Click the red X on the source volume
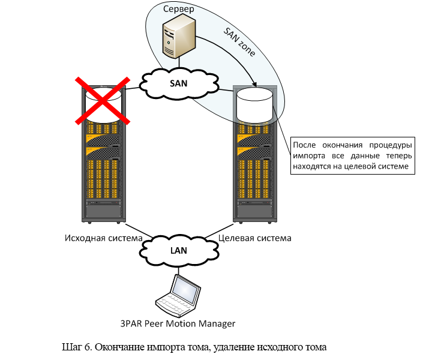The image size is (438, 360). click(102, 100)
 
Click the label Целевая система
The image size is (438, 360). click(255, 238)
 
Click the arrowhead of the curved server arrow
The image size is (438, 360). click(255, 85)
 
